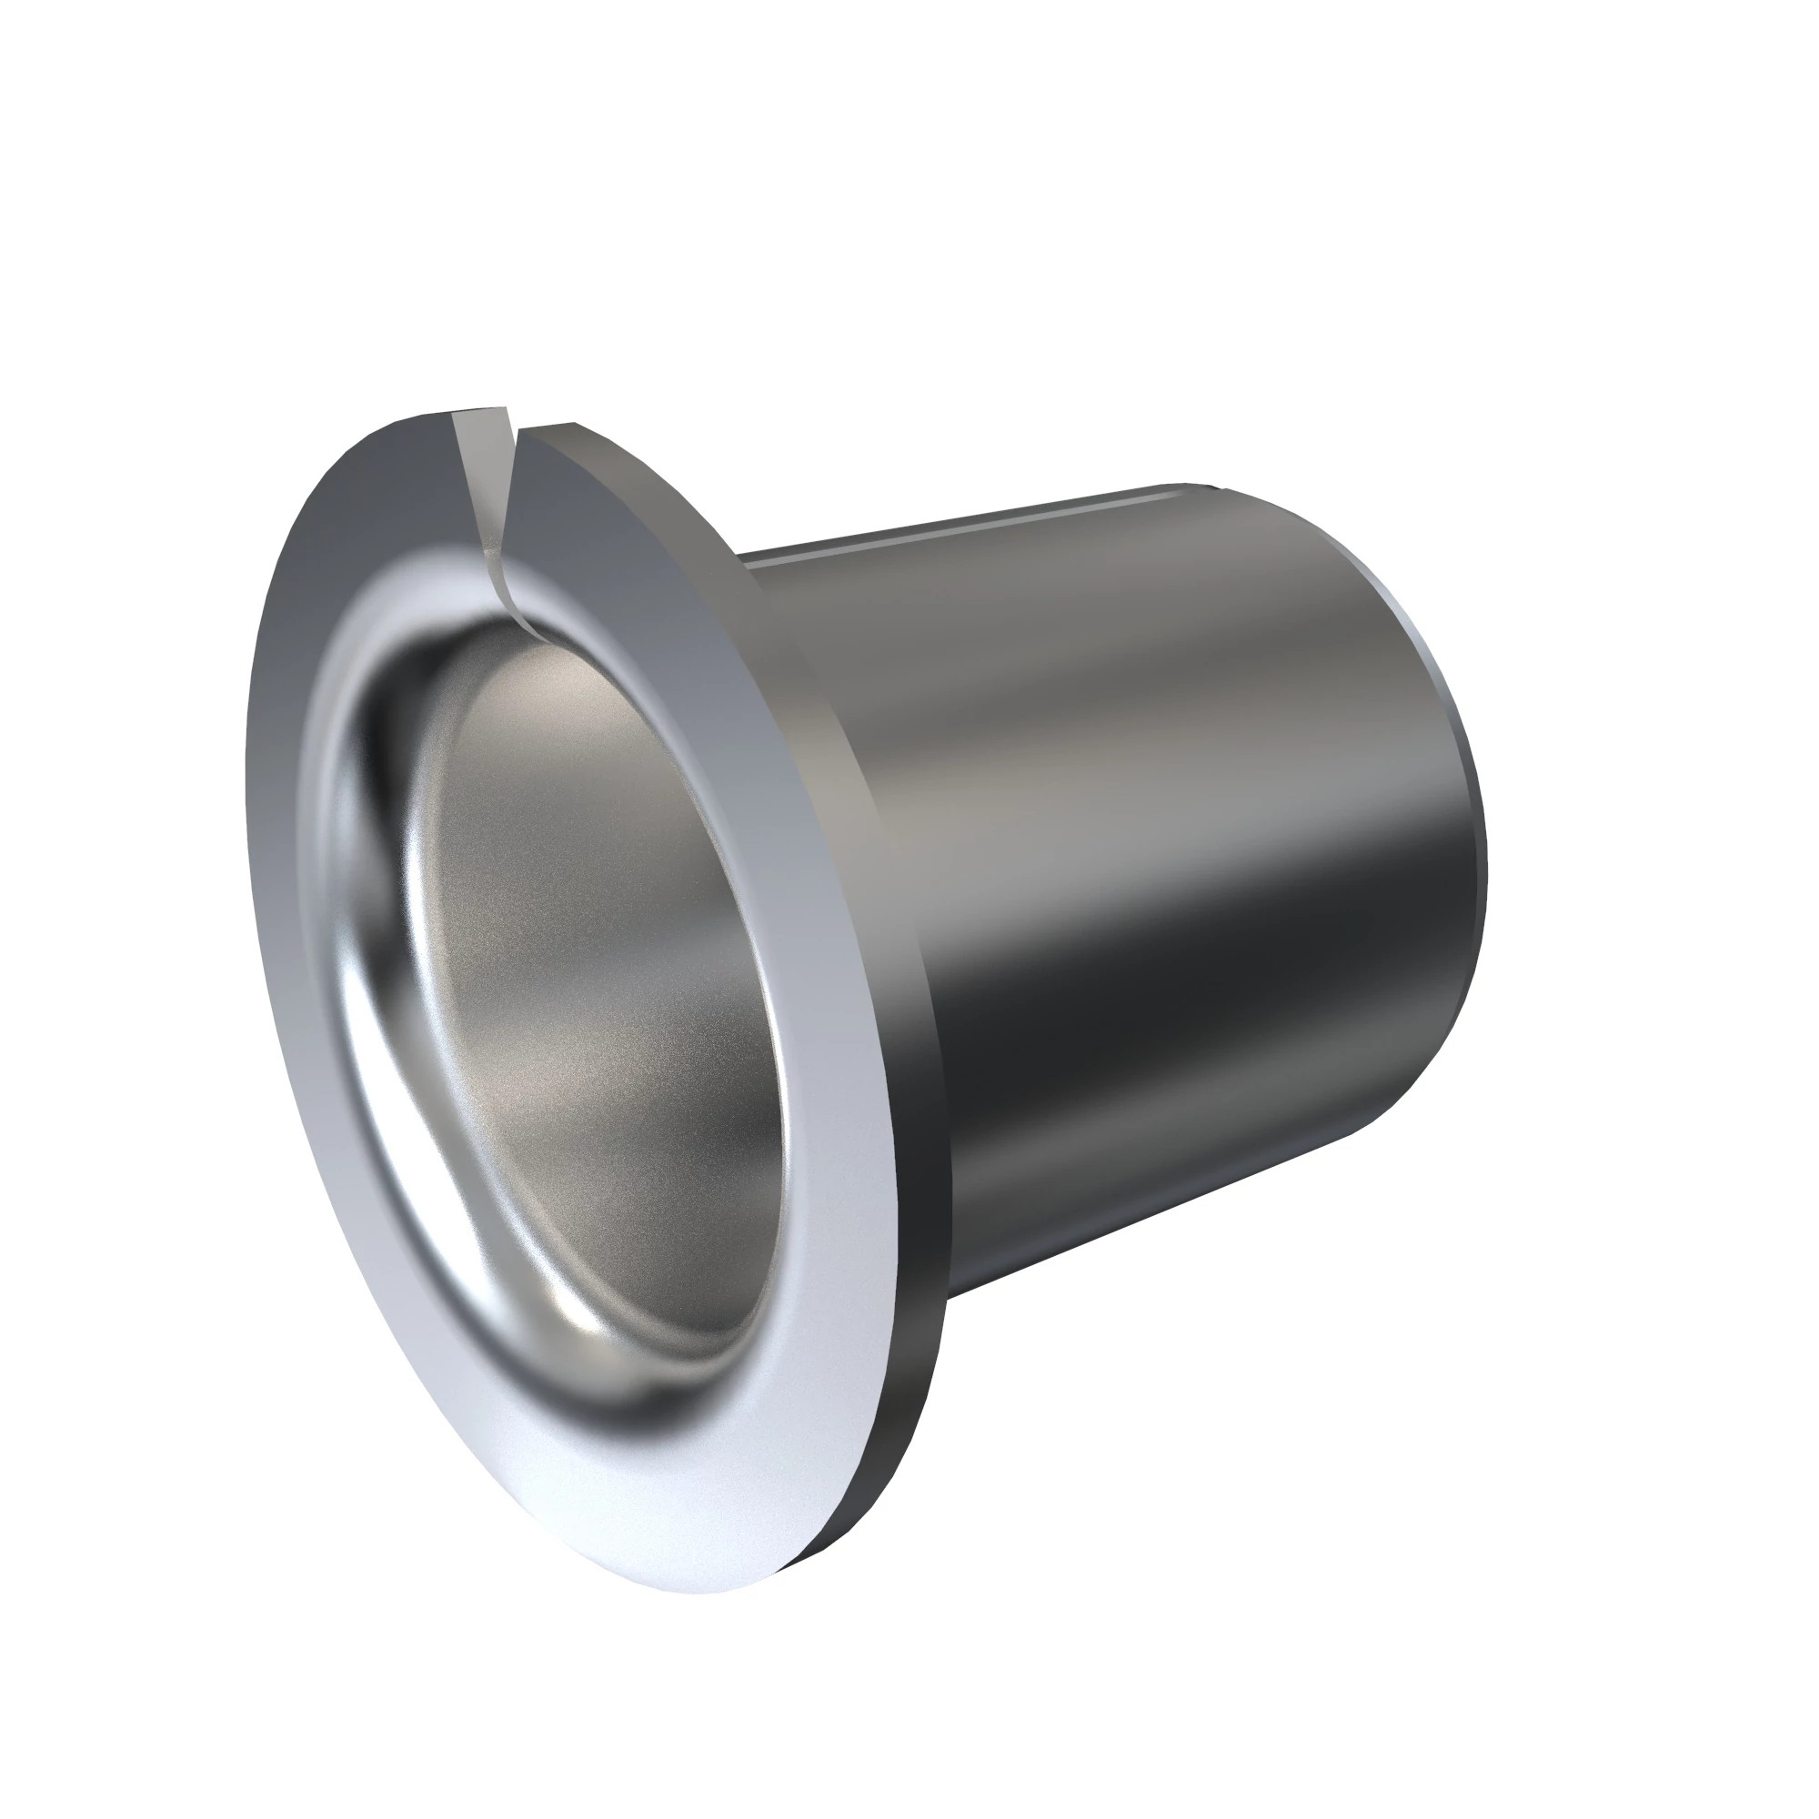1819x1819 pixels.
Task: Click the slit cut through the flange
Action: pos(485,489)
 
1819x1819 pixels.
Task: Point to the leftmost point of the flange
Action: pos(246,772)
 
